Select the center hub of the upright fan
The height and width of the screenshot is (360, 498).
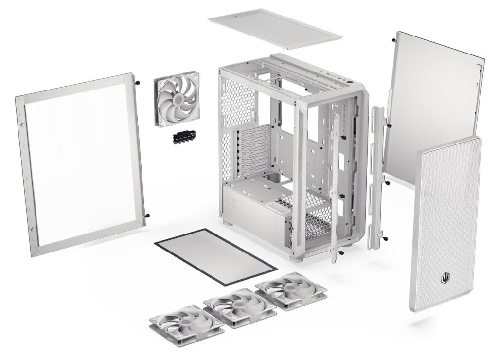click(177, 99)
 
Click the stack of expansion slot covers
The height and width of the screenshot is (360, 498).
click(255, 149)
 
